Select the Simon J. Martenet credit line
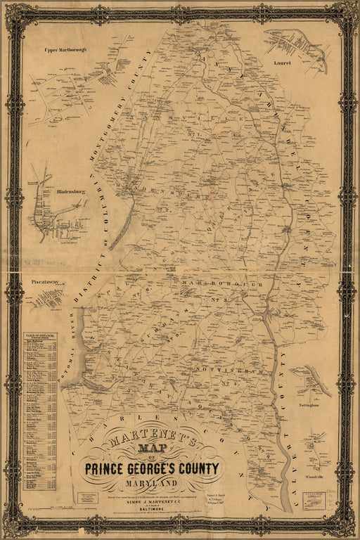coord(153,496)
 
